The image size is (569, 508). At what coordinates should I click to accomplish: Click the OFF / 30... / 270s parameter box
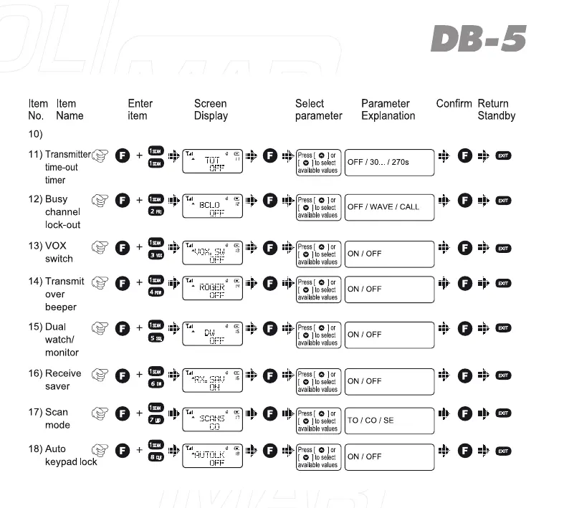(389, 162)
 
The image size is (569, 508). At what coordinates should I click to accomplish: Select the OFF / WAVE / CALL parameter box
(389, 207)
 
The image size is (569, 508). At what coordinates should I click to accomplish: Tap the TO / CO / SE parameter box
(389, 420)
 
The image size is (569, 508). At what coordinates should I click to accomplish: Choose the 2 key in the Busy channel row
(156, 211)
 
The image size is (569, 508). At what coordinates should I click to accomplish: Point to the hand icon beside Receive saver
(100, 374)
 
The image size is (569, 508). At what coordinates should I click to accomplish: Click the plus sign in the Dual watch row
(139, 329)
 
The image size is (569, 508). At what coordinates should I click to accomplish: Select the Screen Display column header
(211, 110)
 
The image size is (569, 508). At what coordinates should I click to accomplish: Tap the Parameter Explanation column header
(388, 110)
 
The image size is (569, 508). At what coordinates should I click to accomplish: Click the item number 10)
(36, 134)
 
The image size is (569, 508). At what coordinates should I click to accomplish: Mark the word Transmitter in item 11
(67, 154)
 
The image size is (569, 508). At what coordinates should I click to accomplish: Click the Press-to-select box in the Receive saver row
(317, 381)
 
